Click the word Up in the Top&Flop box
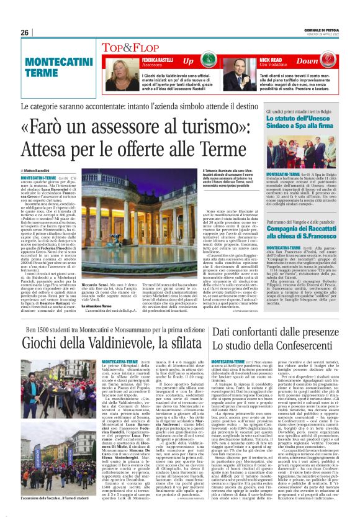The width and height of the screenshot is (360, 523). (187, 61)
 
